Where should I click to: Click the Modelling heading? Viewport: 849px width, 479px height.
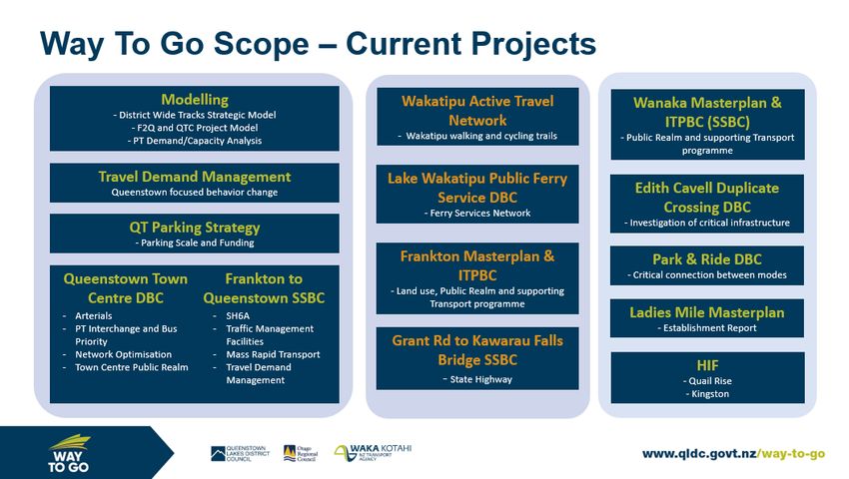(x=195, y=100)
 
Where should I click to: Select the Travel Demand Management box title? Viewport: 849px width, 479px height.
(x=195, y=177)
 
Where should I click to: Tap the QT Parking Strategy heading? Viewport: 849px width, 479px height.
(x=195, y=228)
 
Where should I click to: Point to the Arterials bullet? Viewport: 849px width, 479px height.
(x=93, y=315)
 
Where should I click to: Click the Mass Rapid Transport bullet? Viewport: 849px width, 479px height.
(x=273, y=354)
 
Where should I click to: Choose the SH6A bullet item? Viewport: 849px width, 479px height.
(x=238, y=315)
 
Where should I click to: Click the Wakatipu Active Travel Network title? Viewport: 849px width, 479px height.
(x=477, y=111)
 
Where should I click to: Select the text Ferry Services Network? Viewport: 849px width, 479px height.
(x=479, y=214)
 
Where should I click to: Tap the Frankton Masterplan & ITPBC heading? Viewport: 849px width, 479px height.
(x=477, y=265)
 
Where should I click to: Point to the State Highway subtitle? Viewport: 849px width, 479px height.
(x=480, y=379)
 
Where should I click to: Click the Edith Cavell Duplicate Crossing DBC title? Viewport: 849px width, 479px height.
(x=707, y=198)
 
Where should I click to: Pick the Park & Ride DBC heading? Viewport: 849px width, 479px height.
(x=707, y=259)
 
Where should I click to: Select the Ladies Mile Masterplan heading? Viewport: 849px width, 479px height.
(x=707, y=312)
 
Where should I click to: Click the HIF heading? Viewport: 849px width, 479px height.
(x=708, y=365)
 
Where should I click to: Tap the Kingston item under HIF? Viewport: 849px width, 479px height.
(x=710, y=394)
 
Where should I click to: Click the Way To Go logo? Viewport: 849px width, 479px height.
(x=69, y=454)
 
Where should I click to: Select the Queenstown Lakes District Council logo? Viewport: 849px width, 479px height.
(x=240, y=454)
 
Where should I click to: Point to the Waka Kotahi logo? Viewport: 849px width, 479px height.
(x=373, y=453)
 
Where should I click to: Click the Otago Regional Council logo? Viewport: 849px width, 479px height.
(x=301, y=454)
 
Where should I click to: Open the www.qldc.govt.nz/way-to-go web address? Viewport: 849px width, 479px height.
(x=734, y=454)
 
